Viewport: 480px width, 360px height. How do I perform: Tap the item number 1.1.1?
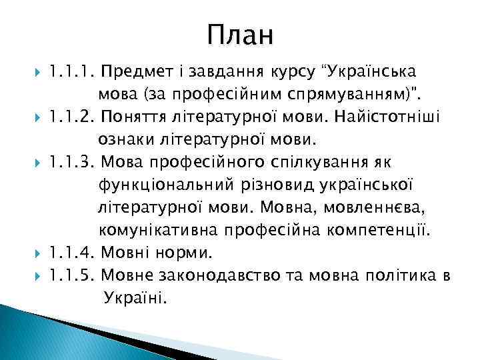[73, 71]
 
